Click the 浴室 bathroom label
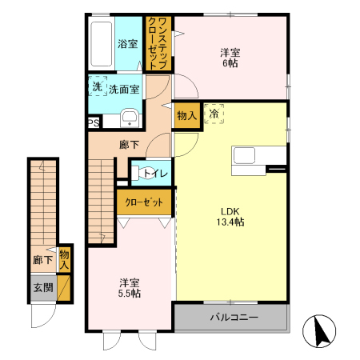(128, 43)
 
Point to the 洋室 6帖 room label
(230, 58)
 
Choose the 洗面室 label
(125, 89)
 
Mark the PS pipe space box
(94, 122)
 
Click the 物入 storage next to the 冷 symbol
(186, 115)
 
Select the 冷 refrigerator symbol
(214, 114)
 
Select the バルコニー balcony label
(234, 318)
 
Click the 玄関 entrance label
(42, 286)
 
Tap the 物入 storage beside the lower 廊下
(65, 258)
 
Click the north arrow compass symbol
(321, 330)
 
